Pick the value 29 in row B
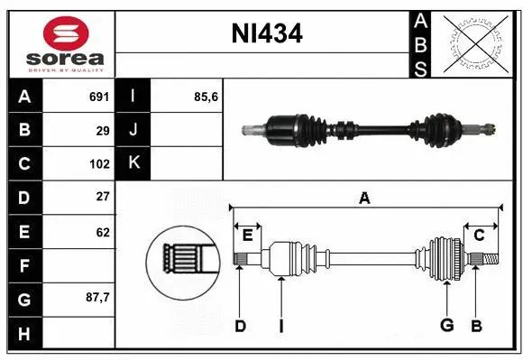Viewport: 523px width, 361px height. tap(102, 131)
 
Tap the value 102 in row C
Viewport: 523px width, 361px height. tap(99, 164)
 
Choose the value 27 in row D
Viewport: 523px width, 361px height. tap(102, 198)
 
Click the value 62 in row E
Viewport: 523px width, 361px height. tap(102, 232)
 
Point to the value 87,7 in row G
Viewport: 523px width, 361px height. tap(96, 298)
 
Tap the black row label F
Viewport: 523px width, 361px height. tap(23, 265)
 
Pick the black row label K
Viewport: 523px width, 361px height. tap(133, 164)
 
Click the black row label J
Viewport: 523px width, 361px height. tap(133, 131)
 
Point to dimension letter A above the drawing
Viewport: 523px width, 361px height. tap(364, 199)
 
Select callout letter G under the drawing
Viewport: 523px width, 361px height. tap(446, 326)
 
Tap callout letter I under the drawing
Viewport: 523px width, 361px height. tap(280, 326)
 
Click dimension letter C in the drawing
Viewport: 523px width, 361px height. tap(480, 236)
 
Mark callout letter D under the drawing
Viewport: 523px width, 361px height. tap(240, 326)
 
